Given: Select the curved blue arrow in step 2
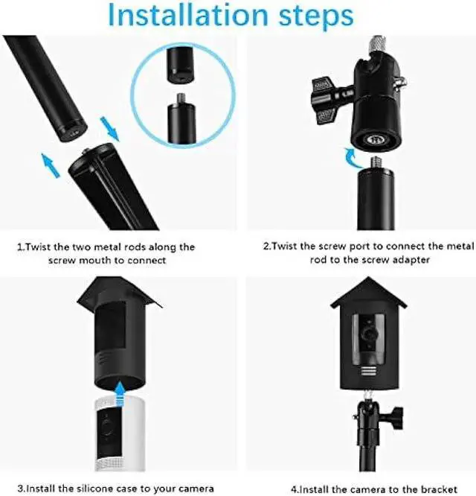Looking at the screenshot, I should (349, 157).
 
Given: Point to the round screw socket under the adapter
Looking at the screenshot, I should (373, 138).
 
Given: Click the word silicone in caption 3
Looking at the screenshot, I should (106, 488).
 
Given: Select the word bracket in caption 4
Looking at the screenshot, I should (439, 488).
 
